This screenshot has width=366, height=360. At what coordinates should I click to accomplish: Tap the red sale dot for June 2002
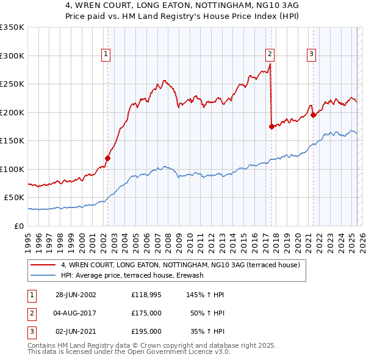pos(107,158)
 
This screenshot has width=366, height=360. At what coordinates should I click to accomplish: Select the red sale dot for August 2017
pos(271,126)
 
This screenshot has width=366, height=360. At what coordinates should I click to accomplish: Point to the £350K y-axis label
pos(12,27)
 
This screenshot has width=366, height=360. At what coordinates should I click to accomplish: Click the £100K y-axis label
pos(12,169)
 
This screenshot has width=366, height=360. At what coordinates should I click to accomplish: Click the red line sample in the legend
pos(43,265)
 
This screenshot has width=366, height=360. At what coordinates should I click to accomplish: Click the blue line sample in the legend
pos(43,276)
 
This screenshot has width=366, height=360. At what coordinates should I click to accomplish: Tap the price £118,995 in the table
pos(146,295)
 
